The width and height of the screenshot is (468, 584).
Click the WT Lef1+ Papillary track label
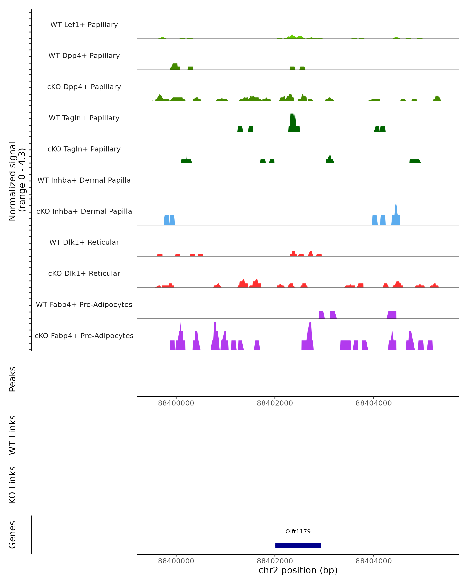point(84,25)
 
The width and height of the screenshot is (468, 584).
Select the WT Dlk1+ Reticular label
point(84,242)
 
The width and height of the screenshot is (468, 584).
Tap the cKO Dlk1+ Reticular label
point(84,273)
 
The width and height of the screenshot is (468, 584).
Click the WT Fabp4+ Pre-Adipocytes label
point(84,304)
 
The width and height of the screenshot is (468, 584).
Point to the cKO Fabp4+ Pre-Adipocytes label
point(84,336)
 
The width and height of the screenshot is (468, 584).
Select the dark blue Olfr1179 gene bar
point(298,545)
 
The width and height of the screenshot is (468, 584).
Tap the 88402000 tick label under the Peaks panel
point(275,403)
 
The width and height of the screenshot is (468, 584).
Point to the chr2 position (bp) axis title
point(298,570)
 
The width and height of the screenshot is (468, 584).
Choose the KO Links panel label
point(12,485)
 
